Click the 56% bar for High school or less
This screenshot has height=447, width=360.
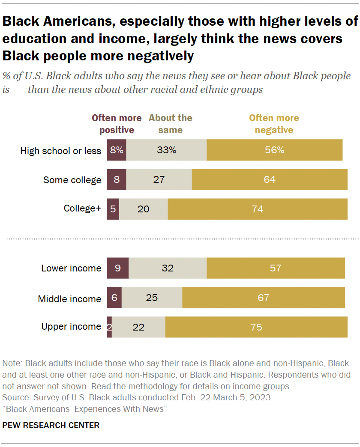coord(274,150)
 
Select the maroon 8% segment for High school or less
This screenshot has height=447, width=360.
coord(116,150)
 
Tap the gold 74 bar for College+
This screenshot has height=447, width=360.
coord(257,209)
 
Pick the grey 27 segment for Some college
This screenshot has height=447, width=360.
coord(159,179)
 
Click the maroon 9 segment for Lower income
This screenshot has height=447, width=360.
coord(117,268)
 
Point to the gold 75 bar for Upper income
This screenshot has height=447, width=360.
coord(256,327)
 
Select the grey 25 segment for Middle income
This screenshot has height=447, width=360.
coord(152,298)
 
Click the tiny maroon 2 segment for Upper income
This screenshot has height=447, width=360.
coord(109,327)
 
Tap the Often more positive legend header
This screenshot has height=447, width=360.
coord(117,124)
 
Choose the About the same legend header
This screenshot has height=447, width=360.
coord(170,124)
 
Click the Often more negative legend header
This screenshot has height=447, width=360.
coord(274,124)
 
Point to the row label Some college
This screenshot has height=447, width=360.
coord(72,180)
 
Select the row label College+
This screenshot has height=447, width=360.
coord(82,209)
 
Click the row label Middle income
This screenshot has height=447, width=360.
coord(69,298)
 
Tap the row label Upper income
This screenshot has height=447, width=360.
coord(71,327)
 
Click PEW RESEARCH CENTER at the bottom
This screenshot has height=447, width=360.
coord(51,425)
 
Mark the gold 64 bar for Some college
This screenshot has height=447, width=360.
coord(269,179)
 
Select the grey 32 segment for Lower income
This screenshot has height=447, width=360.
coord(167,268)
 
